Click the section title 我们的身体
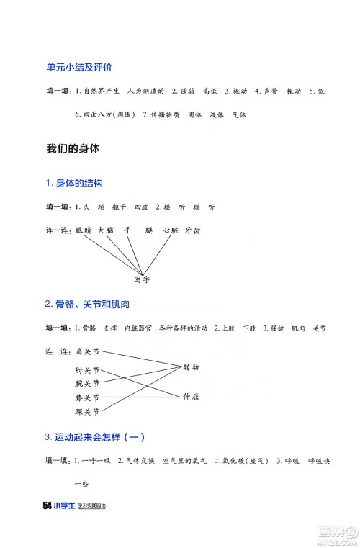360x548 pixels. point(72,149)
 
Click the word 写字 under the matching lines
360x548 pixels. point(142,279)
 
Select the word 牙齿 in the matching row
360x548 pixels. point(192,230)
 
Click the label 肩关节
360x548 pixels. point(87,352)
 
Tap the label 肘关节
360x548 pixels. point(87,371)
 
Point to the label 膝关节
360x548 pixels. point(87,397)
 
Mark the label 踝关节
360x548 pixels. point(87,411)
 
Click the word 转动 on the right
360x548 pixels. point(191,366)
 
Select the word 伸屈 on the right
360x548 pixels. point(191,395)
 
